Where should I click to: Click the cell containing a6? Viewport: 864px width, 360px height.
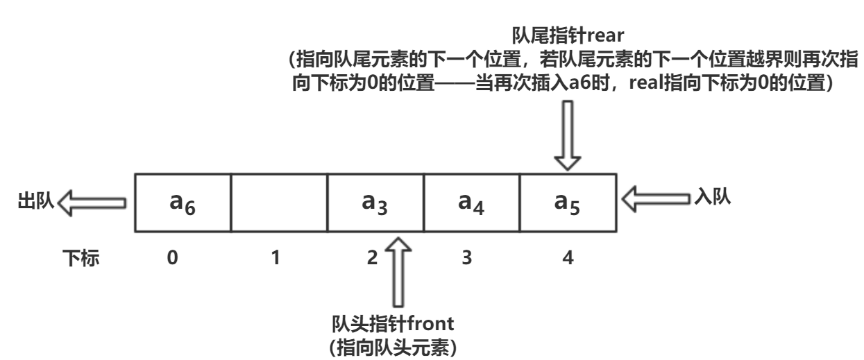(x=183, y=203)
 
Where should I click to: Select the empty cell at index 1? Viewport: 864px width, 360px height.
(x=278, y=203)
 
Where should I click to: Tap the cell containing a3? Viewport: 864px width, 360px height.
(x=375, y=203)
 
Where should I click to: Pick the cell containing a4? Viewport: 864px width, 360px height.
(x=471, y=203)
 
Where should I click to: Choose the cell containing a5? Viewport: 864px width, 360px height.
(x=568, y=203)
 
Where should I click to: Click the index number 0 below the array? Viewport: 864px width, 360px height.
(x=173, y=259)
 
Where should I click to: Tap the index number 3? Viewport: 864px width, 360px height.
(x=468, y=259)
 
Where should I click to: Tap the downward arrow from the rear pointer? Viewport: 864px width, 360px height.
(x=568, y=135)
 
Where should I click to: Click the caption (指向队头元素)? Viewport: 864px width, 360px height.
(x=394, y=346)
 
